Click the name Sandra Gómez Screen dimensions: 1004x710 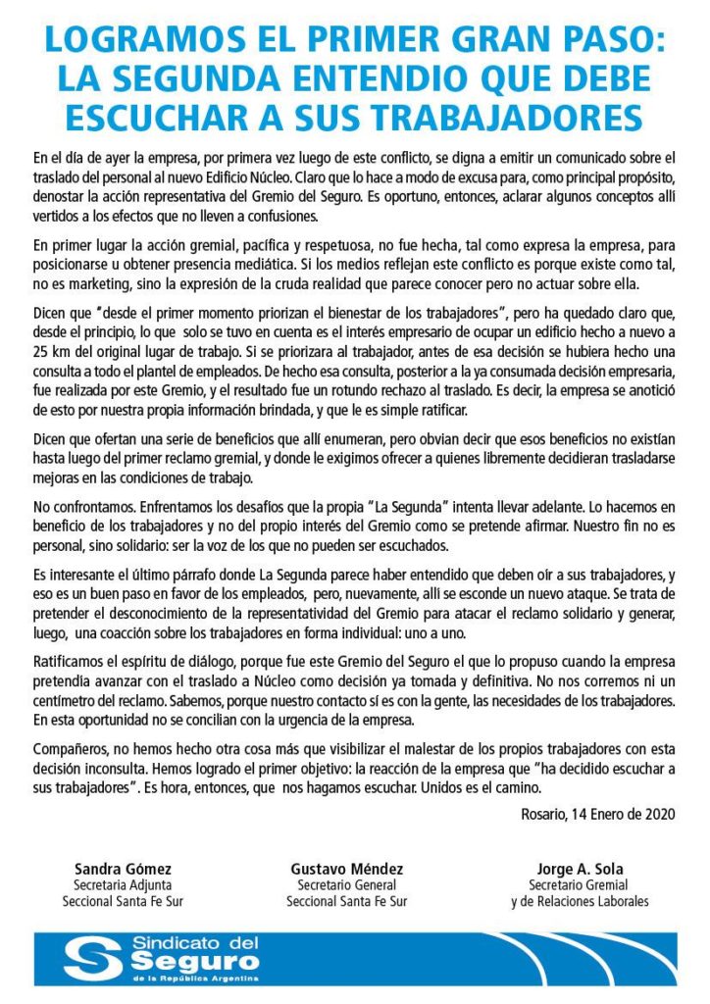point(123,869)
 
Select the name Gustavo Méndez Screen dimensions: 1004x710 point(346,869)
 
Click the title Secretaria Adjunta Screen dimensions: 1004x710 point(123,885)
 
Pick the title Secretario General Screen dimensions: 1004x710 point(346,885)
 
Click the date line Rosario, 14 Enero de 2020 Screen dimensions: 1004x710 point(598,813)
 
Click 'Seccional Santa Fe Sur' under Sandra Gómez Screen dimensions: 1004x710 point(123,902)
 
